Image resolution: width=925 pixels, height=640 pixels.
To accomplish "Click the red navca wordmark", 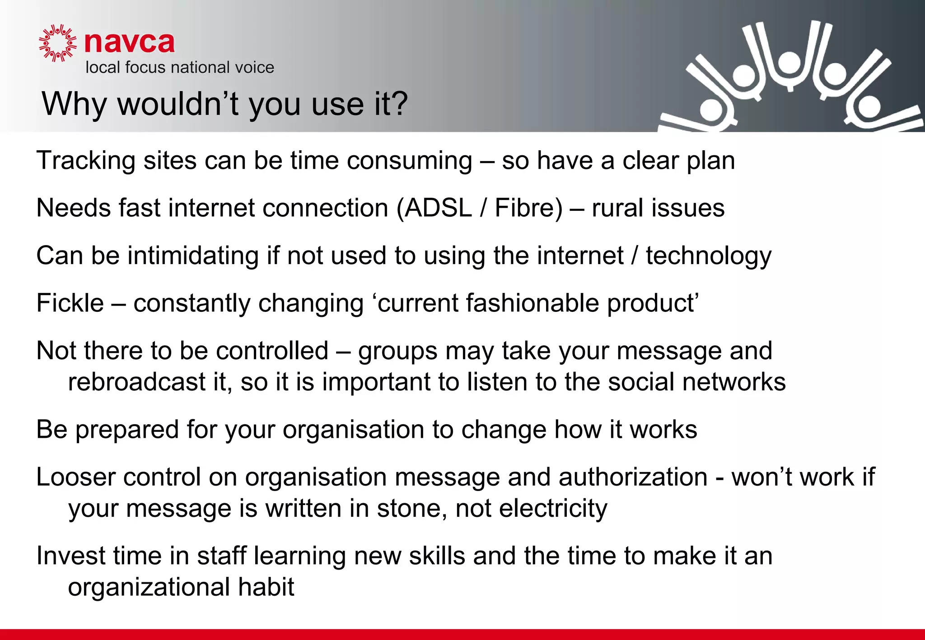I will click(129, 43).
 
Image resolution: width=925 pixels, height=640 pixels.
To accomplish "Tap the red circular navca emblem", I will click(57, 43).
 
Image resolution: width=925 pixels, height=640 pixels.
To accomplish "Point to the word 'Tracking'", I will click(86, 161).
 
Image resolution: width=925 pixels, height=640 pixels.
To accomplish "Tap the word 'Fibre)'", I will click(528, 208).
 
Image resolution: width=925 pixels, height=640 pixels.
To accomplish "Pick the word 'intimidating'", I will click(193, 256).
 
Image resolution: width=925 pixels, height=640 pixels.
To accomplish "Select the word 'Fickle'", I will click(70, 303).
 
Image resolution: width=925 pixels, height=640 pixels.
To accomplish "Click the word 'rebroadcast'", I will click(137, 382).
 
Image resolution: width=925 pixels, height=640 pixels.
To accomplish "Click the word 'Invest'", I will click(71, 556).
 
